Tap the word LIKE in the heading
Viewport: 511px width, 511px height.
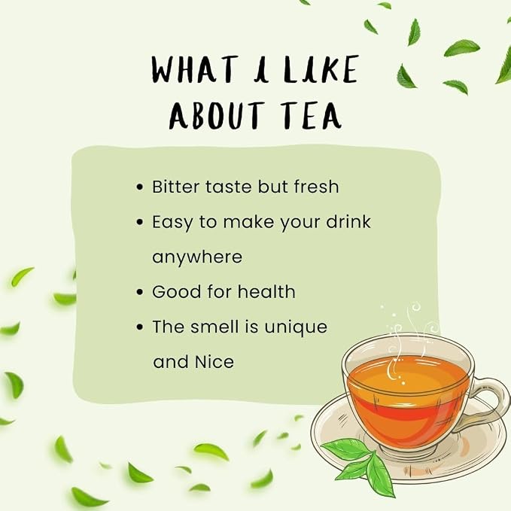[321, 68]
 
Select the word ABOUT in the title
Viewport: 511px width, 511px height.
[217, 115]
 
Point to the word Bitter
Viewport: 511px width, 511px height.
[175, 187]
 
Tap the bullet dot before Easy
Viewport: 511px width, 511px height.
[140, 222]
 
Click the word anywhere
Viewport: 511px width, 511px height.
[197, 257]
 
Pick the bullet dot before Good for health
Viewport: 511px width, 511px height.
[140, 292]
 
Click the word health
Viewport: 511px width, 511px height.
[266, 292]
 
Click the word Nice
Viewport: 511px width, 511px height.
[214, 362]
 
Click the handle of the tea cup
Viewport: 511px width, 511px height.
[486, 402]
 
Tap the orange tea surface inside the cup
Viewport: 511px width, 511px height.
[407, 375]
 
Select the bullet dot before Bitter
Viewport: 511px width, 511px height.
[140, 187]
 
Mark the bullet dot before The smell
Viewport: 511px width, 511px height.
[140, 327]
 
